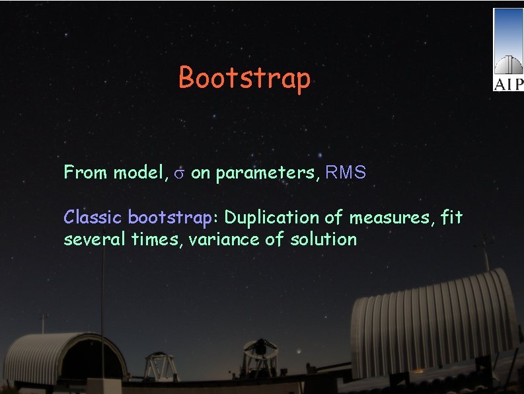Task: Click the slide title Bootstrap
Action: coord(244,78)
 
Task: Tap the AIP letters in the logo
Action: coord(508,84)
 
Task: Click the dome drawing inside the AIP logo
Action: coord(508,64)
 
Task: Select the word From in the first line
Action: coord(86,173)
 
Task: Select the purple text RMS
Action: coord(346,173)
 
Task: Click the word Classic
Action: coord(93,217)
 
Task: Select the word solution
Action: coord(323,239)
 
